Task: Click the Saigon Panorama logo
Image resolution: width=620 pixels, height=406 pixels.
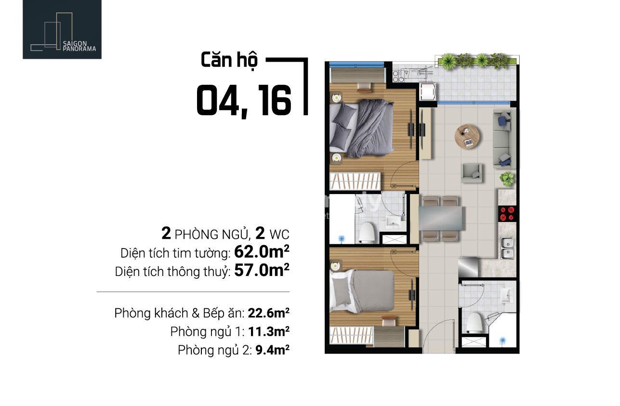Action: [x=62, y=29]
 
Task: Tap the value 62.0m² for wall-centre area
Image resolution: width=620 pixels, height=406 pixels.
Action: [x=262, y=252]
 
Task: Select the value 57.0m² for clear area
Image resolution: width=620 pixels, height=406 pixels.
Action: [x=262, y=270]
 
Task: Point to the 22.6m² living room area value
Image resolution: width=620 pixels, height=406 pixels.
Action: [x=268, y=313]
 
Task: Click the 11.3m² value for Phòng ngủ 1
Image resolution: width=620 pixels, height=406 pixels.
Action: [x=269, y=331]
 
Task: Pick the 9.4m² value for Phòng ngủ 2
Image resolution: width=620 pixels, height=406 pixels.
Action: [x=272, y=350]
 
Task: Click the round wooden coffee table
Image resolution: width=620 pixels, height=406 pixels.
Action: [x=467, y=136]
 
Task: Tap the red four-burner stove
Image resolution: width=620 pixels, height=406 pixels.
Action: [x=507, y=214]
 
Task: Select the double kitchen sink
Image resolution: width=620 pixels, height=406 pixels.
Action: [x=507, y=248]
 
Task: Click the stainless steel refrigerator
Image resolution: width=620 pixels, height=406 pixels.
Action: [x=468, y=267]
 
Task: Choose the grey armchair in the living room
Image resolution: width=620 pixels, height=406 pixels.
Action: [x=471, y=173]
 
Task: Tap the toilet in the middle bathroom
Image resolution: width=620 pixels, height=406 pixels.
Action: [x=367, y=232]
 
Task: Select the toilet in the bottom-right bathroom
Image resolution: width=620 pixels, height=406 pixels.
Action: [x=475, y=322]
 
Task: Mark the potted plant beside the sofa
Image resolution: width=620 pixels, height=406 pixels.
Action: [x=507, y=178]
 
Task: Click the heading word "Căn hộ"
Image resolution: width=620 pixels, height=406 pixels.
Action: [x=229, y=60]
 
